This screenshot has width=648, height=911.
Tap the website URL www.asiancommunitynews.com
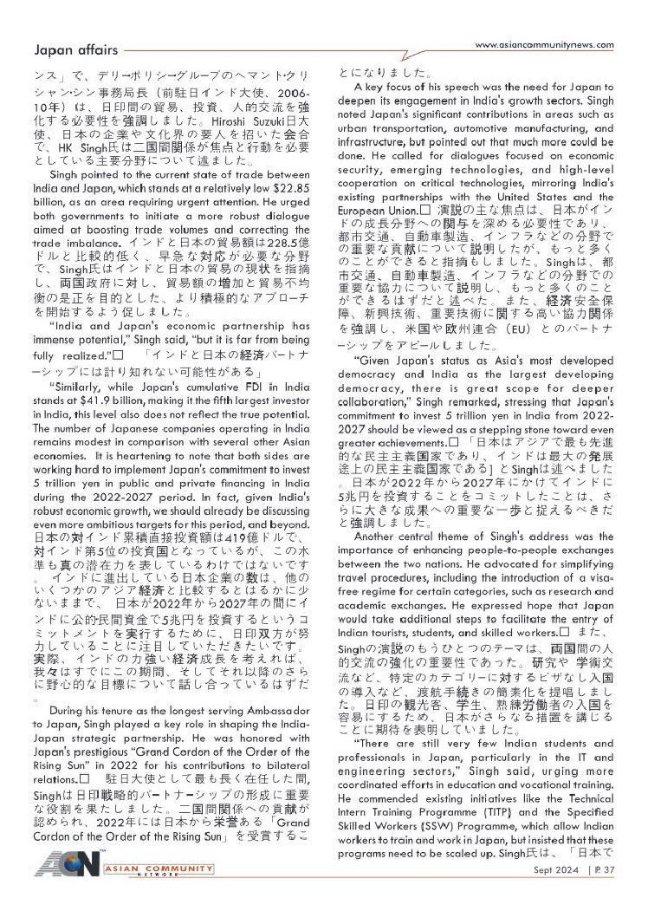click(x=546, y=45)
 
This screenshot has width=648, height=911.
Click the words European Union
click(x=378, y=211)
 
